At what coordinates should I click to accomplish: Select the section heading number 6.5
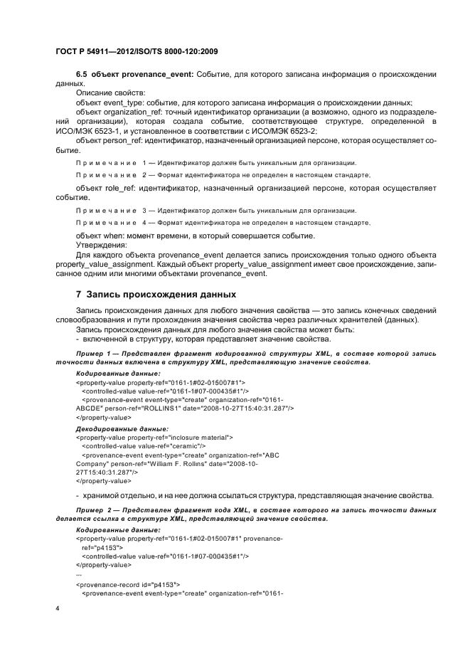83,74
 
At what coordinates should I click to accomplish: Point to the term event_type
124,102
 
